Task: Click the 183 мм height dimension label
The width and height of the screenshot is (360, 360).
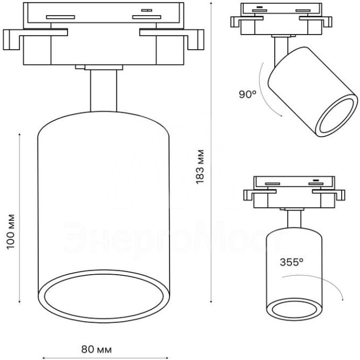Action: pyautogui.click(x=200, y=167)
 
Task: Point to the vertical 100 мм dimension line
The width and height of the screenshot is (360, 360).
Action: pyautogui.click(x=20, y=218)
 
